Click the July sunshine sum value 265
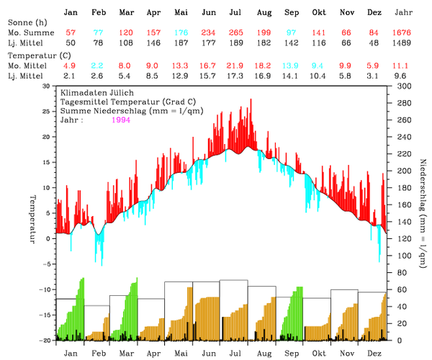pyautogui.click(x=235, y=34)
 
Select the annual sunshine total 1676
pyautogui.click(x=405, y=34)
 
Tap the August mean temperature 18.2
pyautogui.click(x=264, y=66)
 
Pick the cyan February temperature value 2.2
pyautogui.click(x=99, y=66)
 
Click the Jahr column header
pyautogui.click(x=405, y=13)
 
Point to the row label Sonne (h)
pyautogui.click(x=27, y=23)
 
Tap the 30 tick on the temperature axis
pyautogui.click(x=47, y=86)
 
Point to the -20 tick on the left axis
pyautogui.click(x=45, y=340)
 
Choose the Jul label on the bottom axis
pyautogui.click(x=235, y=353)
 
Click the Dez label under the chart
pyautogui.click(x=374, y=353)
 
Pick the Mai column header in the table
pyautogui.click(x=181, y=13)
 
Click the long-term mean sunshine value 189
pyautogui.click(x=235, y=44)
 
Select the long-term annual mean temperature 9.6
pyautogui.click(x=405, y=76)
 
